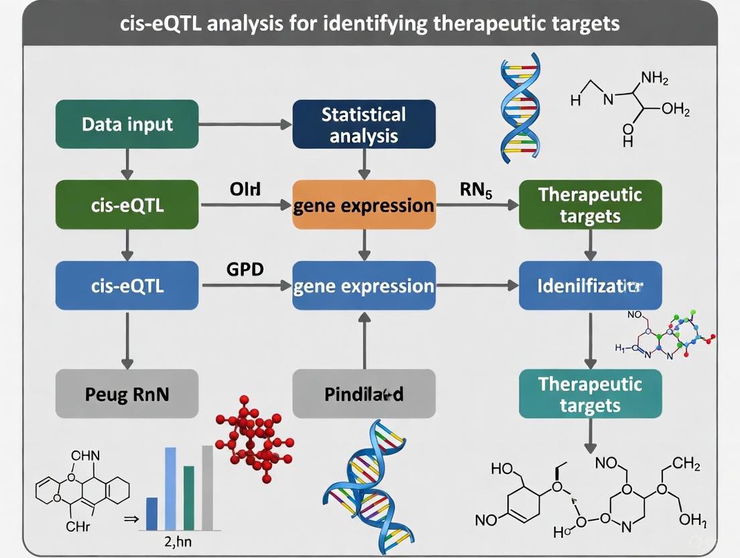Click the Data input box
[127, 124]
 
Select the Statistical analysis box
[364, 124]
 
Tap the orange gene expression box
[364, 205]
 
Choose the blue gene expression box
[364, 286]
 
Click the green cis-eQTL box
[127, 205]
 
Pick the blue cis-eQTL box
[127, 286]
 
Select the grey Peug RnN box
[127, 394]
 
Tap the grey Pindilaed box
[364, 394]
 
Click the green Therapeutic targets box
[590, 205]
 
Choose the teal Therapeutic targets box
[590, 394]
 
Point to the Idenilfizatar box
[590, 286]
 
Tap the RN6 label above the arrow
[477, 190]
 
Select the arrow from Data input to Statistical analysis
[245, 124]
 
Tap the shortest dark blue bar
[151, 514]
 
